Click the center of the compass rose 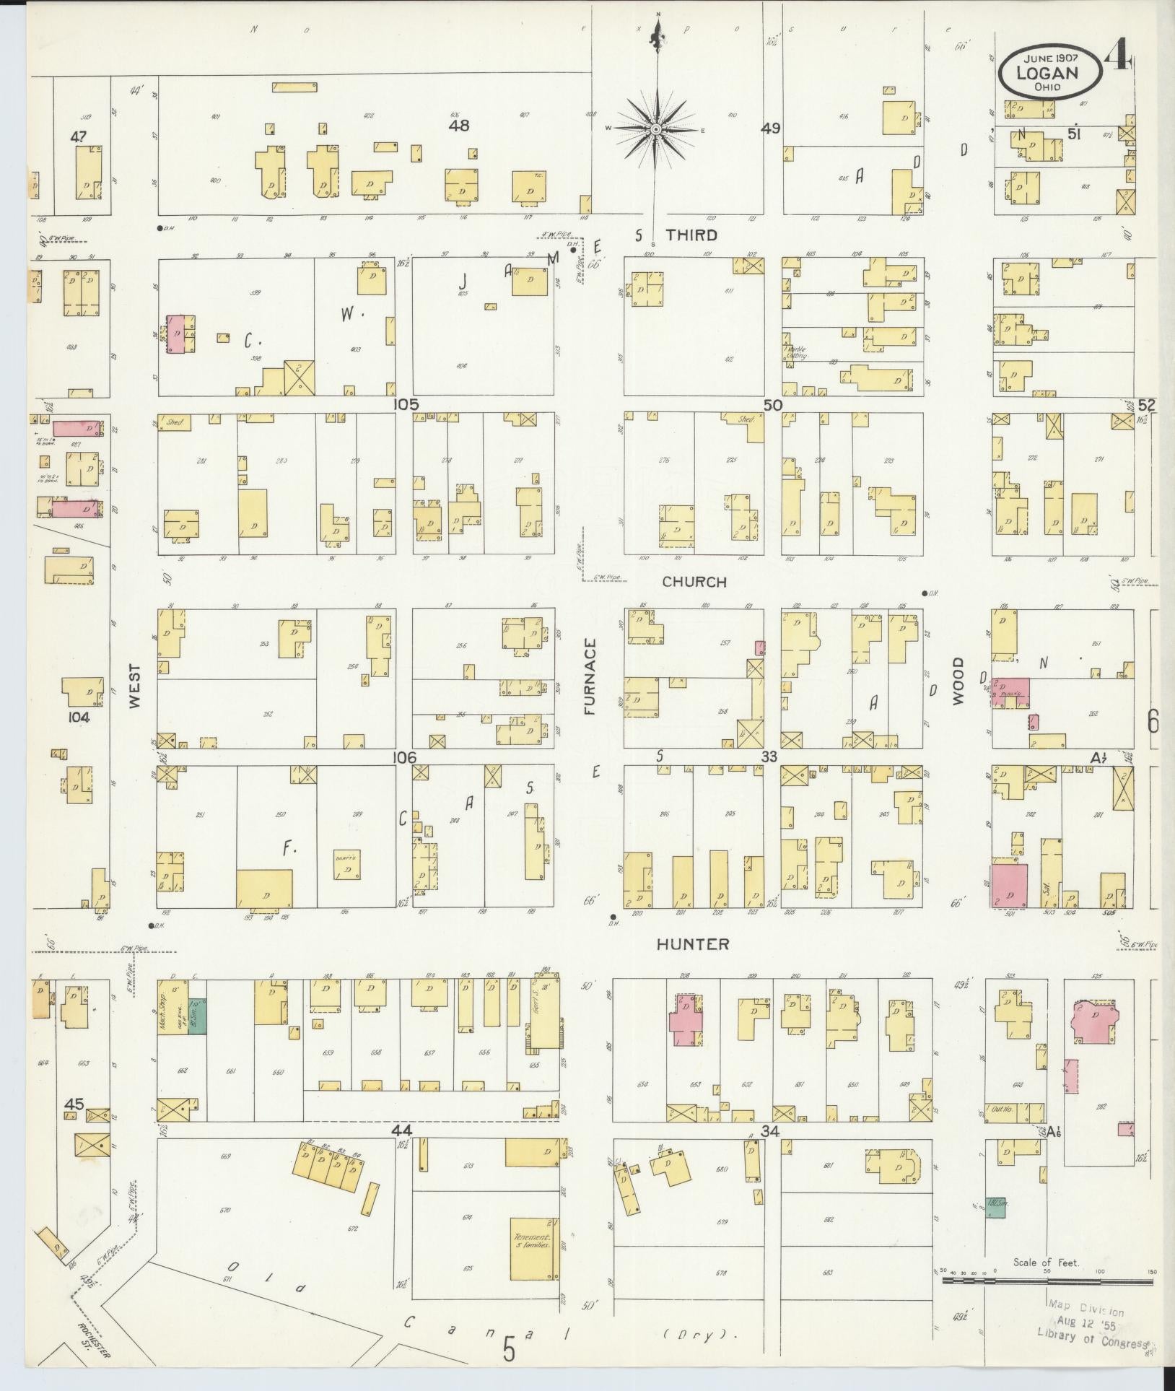(x=656, y=129)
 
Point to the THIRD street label (x=691, y=235)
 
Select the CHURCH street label (x=694, y=582)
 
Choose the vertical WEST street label (x=135, y=686)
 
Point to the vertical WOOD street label (x=958, y=681)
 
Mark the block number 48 (x=458, y=126)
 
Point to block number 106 (x=404, y=757)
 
